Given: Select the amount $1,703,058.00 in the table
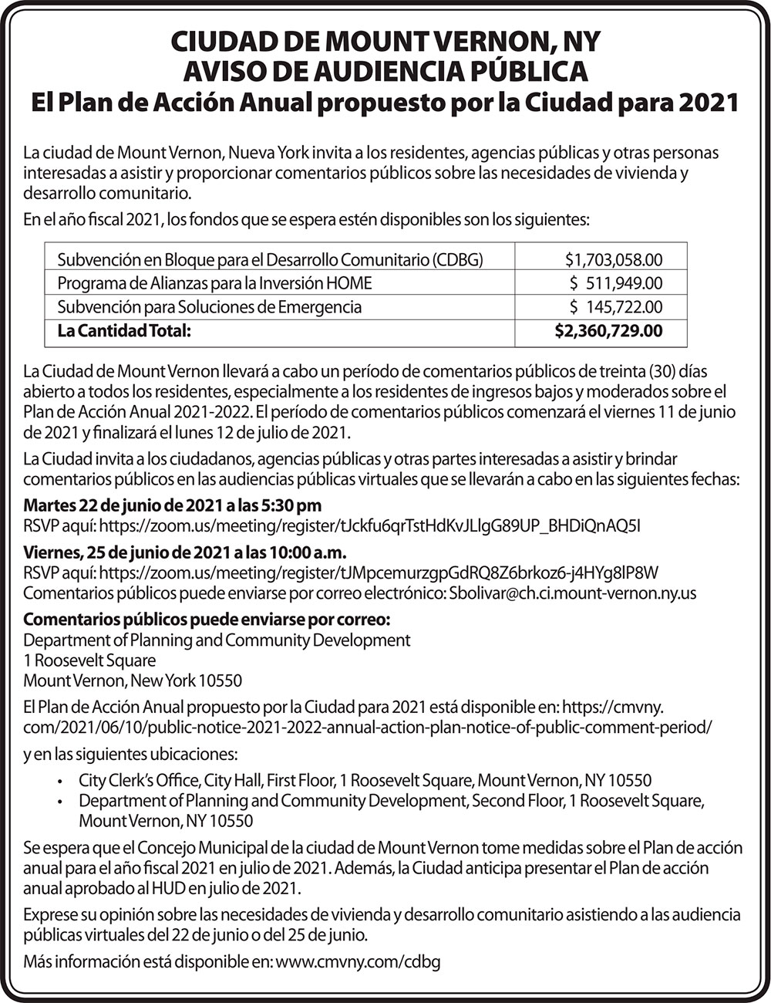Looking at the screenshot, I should point(613,260).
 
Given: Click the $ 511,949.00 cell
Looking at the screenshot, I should point(615,283).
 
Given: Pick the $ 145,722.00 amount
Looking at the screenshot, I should point(615,307).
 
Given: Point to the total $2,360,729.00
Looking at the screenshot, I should point(608,332).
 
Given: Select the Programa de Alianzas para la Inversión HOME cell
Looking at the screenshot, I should point(214,283).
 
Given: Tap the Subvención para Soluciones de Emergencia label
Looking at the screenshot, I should point(209,307).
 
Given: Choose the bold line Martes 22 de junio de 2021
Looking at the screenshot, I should point(173,506).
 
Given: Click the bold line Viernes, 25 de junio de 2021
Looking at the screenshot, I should point(185,553).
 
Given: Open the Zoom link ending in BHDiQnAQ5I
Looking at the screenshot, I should point(370,526).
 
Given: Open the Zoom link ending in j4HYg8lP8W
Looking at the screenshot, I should point(379,573).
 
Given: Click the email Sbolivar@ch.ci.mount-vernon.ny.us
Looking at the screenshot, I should point(572,593).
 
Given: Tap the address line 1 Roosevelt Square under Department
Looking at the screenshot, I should point(89,660).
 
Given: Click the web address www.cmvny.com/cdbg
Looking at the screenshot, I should point(358,963).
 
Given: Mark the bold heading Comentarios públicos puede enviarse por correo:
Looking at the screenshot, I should point(207,620).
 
